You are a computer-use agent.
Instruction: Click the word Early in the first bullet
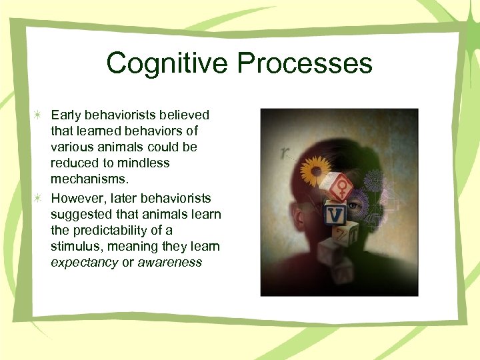tap(67, 115)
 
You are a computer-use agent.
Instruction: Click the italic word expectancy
tap(84, 263)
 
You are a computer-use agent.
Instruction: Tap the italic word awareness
tap(169, 263)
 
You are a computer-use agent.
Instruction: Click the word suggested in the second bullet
tap(79, 214)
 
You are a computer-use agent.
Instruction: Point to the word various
tap(70, 147)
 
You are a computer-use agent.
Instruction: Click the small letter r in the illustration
tap(285, 153)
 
